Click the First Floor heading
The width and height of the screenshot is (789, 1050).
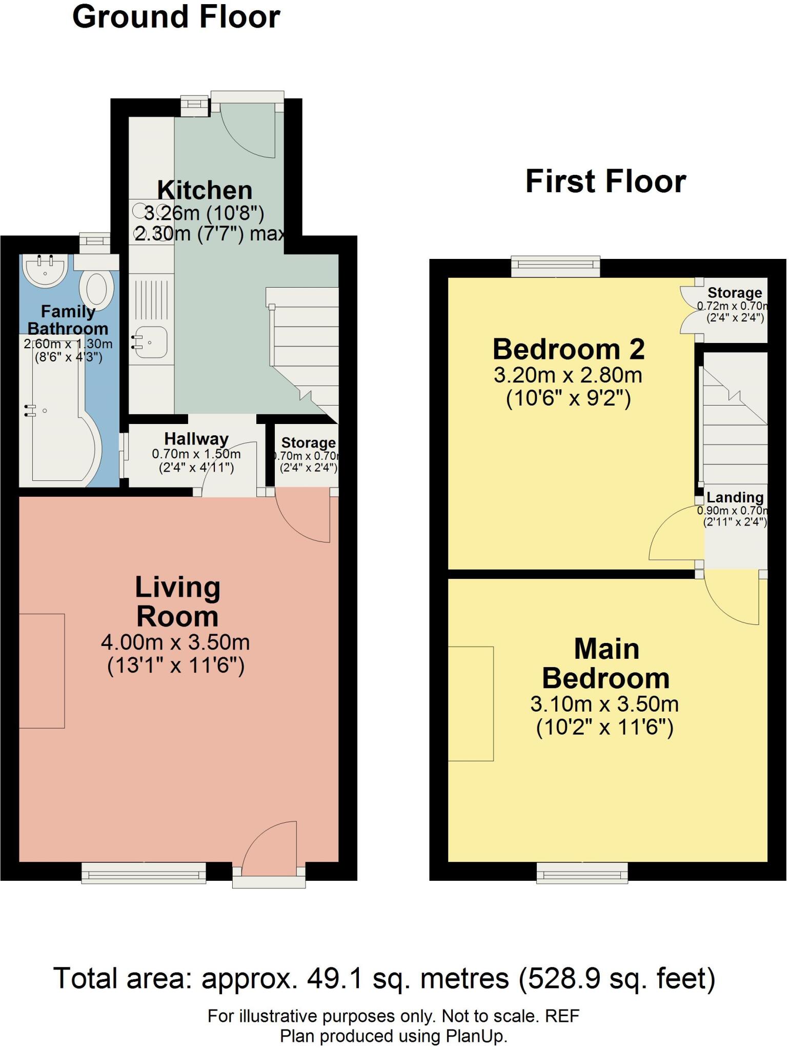(606, 181)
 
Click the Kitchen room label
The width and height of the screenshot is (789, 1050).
(205, 190)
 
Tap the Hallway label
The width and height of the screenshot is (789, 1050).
(196, 439)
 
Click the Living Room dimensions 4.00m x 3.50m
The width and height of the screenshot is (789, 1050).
(175, 642)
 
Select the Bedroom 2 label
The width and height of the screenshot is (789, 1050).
(569, 350)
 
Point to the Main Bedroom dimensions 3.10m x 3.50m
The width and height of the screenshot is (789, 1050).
(604, 704)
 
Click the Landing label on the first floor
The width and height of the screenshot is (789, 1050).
(735, 497)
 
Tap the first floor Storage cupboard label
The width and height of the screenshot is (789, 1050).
(735, 293)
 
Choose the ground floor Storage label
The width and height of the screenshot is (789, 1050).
(308, 442)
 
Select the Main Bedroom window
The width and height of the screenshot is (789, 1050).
(582, 872)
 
